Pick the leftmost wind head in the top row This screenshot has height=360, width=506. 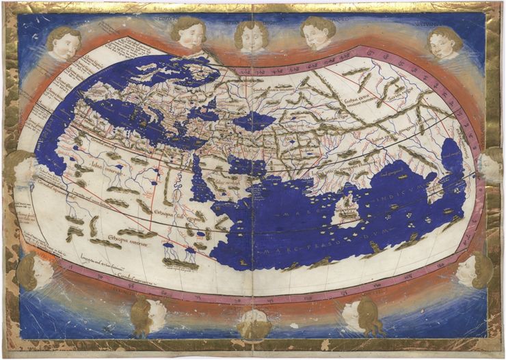point(64,42)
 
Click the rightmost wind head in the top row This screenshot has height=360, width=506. point(444,42)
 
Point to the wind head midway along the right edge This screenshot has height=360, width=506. point(490,165)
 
